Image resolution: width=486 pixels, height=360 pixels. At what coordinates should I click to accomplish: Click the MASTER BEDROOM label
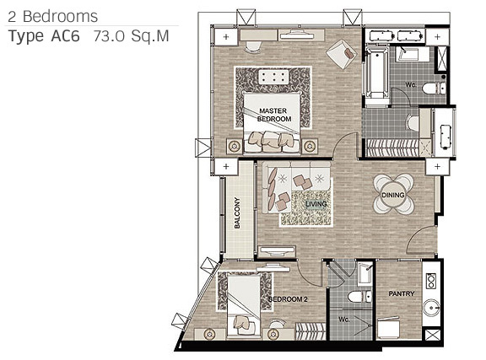274,115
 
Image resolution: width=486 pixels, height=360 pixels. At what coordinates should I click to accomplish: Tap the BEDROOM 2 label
288,299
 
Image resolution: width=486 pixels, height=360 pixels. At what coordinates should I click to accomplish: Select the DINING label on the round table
393,195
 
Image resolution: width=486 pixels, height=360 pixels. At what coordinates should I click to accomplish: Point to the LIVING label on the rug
316,204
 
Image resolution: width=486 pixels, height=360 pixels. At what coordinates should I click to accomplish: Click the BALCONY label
237,212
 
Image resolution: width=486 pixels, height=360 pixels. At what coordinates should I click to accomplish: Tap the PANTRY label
402,293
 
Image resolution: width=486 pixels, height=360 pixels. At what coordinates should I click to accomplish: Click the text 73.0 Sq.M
131,36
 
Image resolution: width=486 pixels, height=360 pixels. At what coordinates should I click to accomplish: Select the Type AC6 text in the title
44,37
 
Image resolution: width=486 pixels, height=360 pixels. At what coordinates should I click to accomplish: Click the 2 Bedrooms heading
52,16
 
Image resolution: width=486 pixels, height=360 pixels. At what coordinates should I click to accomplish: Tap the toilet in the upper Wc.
434,89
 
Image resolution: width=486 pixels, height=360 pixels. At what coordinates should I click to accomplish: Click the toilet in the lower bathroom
359,297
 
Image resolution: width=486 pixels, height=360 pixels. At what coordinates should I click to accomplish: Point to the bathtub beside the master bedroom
377,75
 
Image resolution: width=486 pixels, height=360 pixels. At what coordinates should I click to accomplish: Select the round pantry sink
431,308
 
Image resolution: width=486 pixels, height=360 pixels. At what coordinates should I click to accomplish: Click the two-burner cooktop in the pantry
431,281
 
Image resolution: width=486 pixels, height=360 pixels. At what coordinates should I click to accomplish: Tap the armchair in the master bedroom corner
342,53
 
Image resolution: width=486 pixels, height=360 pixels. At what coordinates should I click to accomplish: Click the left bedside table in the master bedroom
235,146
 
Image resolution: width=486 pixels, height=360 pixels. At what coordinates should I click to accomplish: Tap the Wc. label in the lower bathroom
343,319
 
